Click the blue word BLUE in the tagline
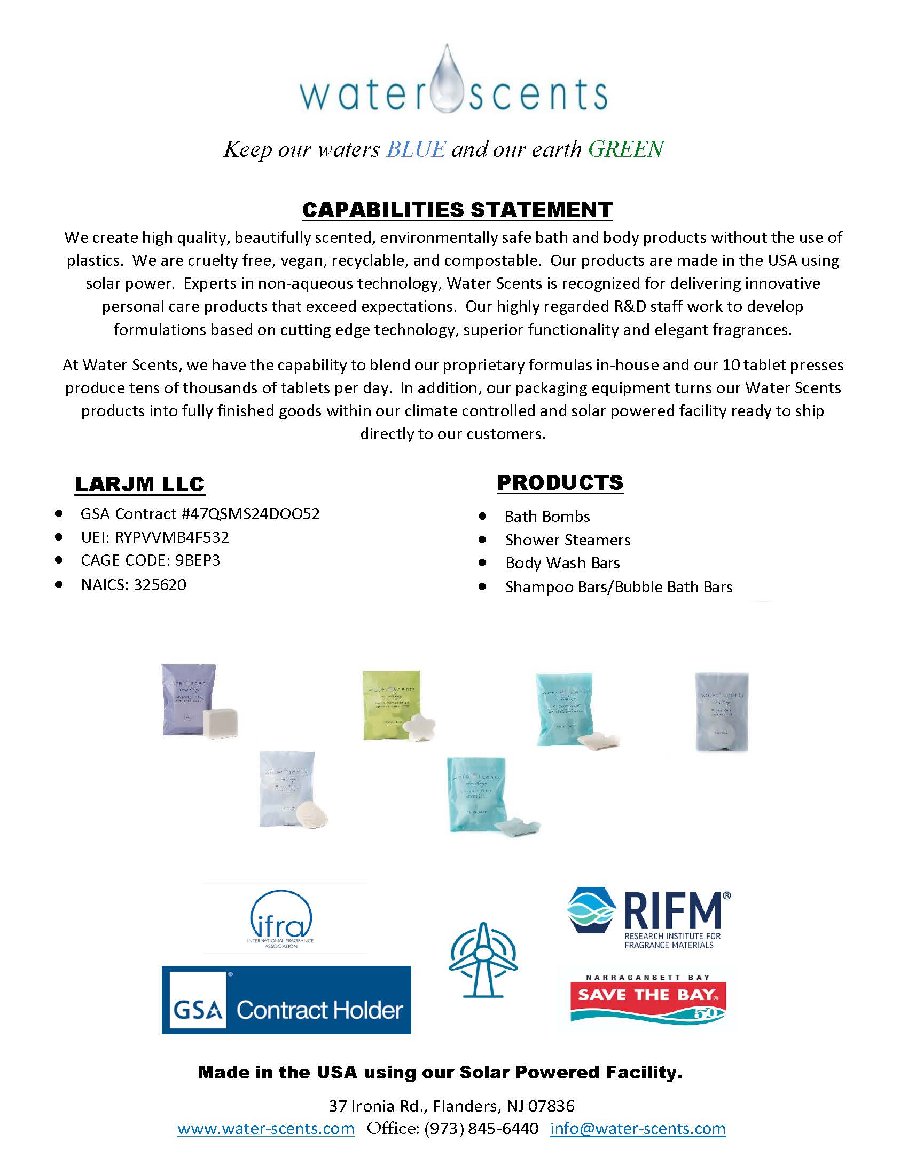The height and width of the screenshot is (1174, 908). pyautogui.click(x=416, y=149)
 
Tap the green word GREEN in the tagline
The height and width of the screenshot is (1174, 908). pyautogui.click(x=626, y=149)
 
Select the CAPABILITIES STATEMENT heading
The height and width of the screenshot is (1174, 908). pyautogui.click(x=457, y=210)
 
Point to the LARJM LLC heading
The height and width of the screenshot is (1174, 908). pyautogui.click(x=140, y=484)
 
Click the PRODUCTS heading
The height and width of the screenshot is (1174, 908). pyautogui.click(x=560, y=482)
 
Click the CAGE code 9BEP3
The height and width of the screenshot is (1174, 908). pyautogui.click(x=198, y=560)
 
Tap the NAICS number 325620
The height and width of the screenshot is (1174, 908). pyautogui.click(x=160, y=584)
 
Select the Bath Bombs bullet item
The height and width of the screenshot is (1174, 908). pyautogui.click(x=547, y=517)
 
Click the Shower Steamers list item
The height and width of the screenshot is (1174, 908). pyautogui.click(x=567, y=540)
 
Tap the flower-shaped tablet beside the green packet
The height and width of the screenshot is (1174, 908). pyautogui.click(x=419, y=726)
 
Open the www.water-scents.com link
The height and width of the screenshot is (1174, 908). pyautogui.click(x=267, y=1128)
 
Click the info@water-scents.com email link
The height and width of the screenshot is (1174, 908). pyautogui.click(x=638, y=1128)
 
